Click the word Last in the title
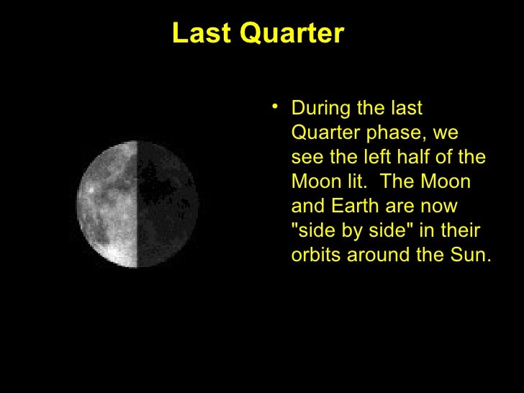click(x=202, y=33)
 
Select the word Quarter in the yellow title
click(x=292, y=33)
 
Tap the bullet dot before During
click(x=275, y=107)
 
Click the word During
click(x=322, y=108)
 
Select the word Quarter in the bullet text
click(x=326, y=132)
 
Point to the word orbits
click(x=316, y=255)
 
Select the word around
click(x=379, y=255)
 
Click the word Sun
click(x=471, y=255)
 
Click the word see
click(x=307, y=158)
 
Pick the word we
click(x=446, y=133)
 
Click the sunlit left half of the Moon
click(x=107, y=204)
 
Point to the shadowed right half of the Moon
click(x=167, y=204)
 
